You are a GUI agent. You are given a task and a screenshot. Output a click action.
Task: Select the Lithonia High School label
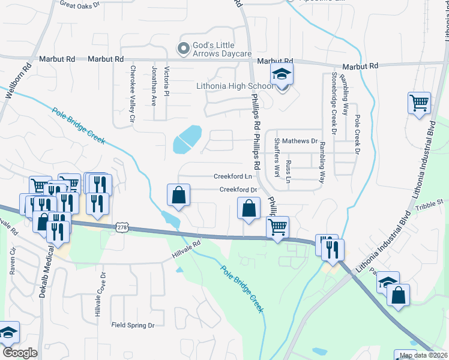coord(235,86)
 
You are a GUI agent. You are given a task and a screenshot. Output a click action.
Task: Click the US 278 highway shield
coord(122,227)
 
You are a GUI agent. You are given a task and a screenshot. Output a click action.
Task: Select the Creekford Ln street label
coord(233,176)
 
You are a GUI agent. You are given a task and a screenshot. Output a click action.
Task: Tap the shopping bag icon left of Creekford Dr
coord(178,194)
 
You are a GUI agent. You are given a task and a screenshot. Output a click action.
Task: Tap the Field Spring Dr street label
coord(133,325)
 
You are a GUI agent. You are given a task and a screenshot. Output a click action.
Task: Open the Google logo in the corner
coord(19,352)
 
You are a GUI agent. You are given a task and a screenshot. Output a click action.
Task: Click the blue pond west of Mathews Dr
coord(187,140)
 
